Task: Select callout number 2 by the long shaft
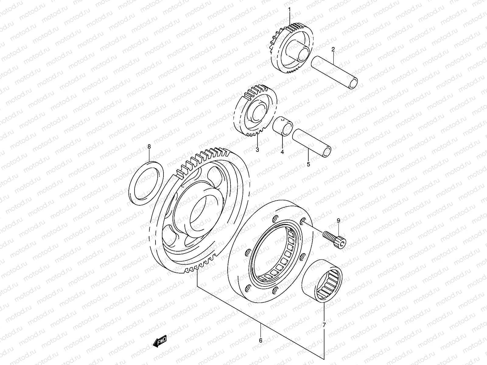(333, 49)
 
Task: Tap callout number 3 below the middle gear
(257, 150)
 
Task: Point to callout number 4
(282, 152)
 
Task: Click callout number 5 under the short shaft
(308, 164)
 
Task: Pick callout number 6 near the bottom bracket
(261, 341)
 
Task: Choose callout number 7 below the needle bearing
(324, 325)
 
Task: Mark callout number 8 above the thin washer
(149, 147)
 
